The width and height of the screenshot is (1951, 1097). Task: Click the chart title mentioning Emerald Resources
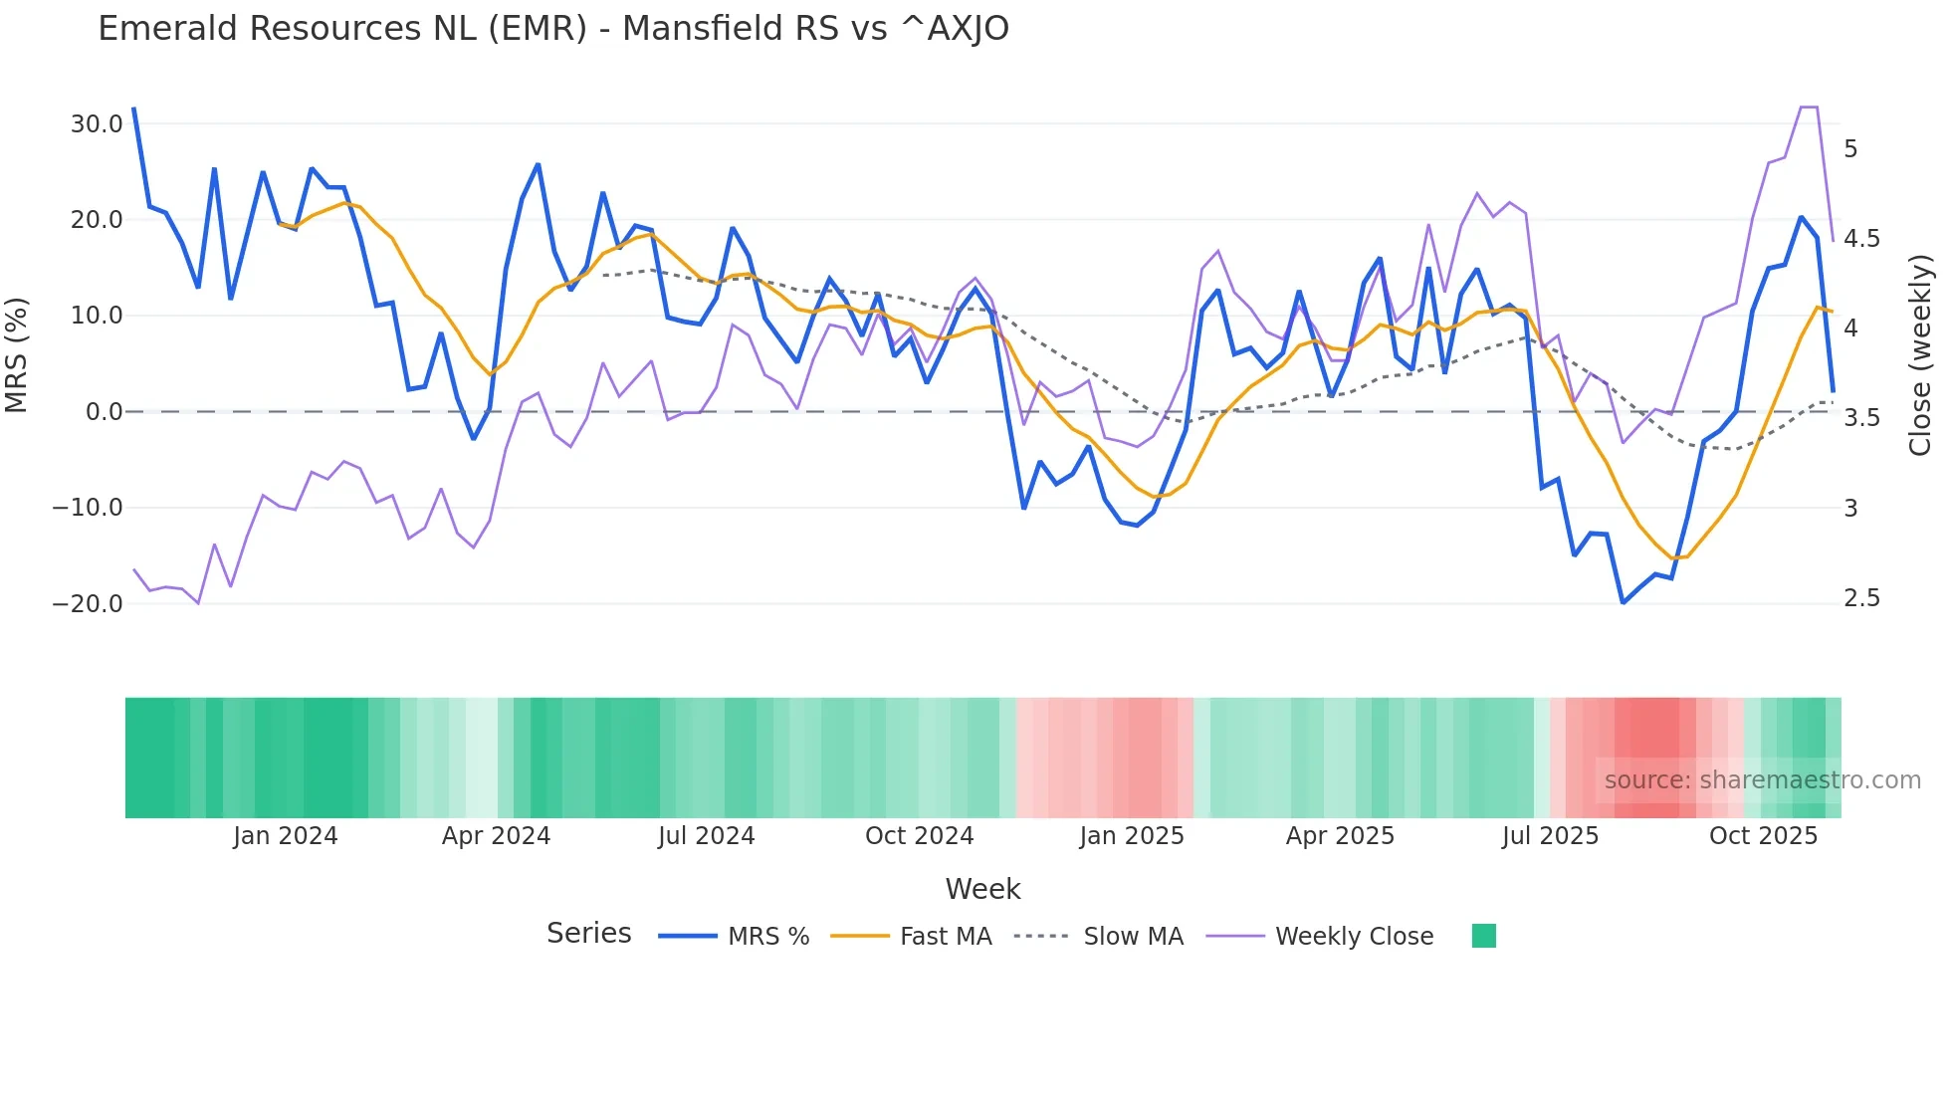pyautogui.click(x=553, y=29)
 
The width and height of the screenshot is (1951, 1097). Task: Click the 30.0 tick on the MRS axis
pyautogui.click(x=97, y=124)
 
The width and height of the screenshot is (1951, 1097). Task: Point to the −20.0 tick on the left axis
pyautogui.click(x=88, y=604)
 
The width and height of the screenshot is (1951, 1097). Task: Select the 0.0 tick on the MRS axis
pyautogui.click(x=104, y=412)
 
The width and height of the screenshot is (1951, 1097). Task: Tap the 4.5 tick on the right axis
pyautogui.click(x=1861, y=239)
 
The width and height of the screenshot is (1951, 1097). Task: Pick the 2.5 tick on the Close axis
pyautogui.click(x=1861, y=598)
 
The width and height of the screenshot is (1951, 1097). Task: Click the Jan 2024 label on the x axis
pyautogui.click(x=286, y=836)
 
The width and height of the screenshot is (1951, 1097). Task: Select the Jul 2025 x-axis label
pyautogui.click(x=1550, y=836)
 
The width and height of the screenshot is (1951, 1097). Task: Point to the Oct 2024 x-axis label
pyautogui.click(x=919, y=836)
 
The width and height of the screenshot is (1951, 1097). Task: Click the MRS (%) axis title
pyautogui.click(x=17, y=355)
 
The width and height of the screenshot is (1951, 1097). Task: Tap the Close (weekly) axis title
pyautogui.click(x=1920, y=355)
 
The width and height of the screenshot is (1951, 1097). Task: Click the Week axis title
pyautogui.click(x=982, y=889)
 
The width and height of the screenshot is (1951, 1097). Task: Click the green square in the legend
pyautogui.click(x=1483, y=937)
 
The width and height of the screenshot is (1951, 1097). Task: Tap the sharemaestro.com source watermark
pyautogui.click(x=1762, y=780)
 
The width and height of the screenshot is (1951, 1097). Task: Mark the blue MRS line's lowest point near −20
pyautogui.click(x=1623, y=603)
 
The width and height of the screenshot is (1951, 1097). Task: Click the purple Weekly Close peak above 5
pyautogui.click(x=1809, y=108)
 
